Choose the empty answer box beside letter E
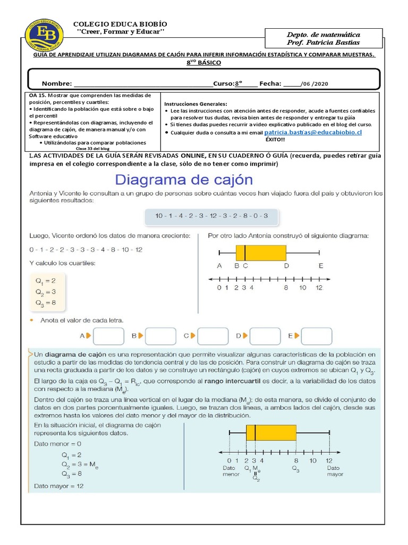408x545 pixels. (x=316, y=336)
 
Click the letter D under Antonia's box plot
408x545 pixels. (x=286, y=266)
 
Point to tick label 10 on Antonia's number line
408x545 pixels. (x=302, y=288)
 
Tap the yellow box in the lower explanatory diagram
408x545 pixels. (x=271, y=433)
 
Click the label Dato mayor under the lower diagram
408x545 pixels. (x=335, y=471)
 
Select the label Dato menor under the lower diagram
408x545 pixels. (x=231, y=471)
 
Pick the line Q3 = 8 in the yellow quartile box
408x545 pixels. (x=46, y=303)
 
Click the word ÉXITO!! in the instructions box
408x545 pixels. (x=275, y=139)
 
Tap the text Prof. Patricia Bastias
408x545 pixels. (x=322, y=42)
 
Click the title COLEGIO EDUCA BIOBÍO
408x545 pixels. (x=120, y=24)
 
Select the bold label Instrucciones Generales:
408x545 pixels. (x=195, y=103)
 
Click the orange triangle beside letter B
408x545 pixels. (x=141, y=336)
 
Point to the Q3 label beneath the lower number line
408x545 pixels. (x=295, y=468)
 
